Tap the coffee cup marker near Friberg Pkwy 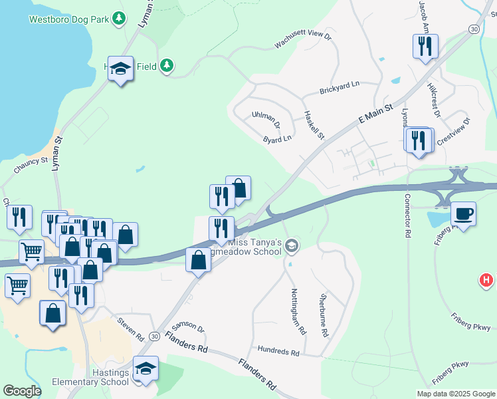click(464, 214)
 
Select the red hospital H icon click(486, 281)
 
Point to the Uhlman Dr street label click(266, 120)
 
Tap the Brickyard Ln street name click(339, 87)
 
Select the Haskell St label click(313, 125)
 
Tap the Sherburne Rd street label click(324, 314)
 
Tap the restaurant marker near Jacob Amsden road click(423, 46)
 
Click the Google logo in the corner click(22, 391)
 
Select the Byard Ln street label click(277, 140)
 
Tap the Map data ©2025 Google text click(455, 394)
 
